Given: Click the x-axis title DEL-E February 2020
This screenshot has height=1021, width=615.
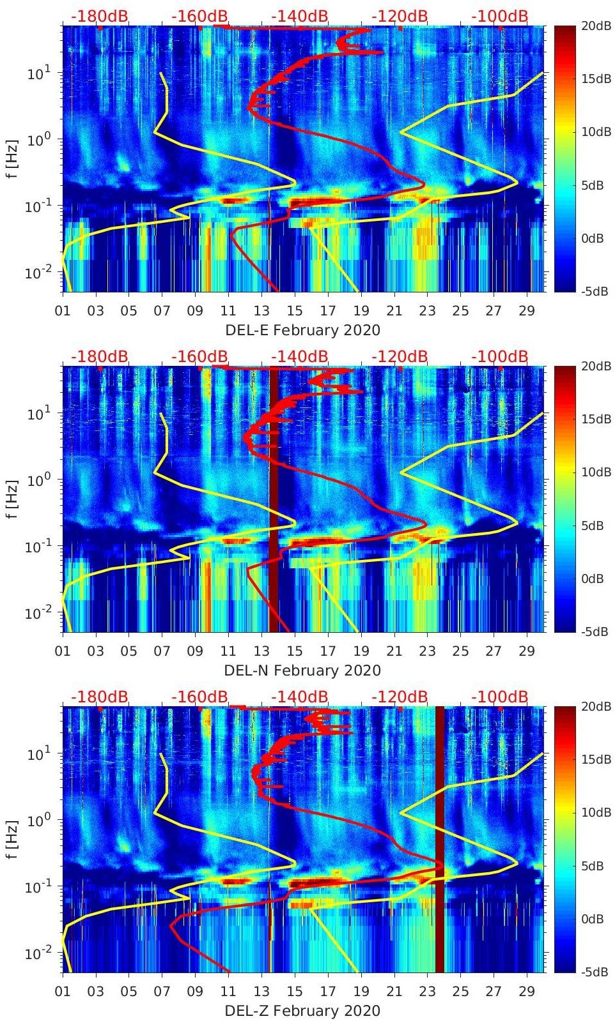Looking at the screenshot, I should (302, 330).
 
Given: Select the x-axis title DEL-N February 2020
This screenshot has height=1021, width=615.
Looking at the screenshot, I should (302, 670).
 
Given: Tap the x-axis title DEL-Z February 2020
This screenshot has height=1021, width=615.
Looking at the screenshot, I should (302, 1011).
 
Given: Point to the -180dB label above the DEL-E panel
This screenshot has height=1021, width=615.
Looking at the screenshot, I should (99, 16).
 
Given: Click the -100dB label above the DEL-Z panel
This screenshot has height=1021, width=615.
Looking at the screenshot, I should (499, 697).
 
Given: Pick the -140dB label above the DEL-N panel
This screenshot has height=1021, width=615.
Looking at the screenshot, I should (299, 356).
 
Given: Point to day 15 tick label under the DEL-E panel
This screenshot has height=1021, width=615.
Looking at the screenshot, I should (295, 311).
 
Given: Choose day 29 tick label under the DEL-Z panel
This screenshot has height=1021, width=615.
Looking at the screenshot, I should (527, 992).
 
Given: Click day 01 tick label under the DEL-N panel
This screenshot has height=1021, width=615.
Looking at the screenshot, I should (63, 651).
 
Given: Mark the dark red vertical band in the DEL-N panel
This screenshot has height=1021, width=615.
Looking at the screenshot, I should (274, 498).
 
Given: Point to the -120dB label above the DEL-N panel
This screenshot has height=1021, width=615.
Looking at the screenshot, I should (399, 356).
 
